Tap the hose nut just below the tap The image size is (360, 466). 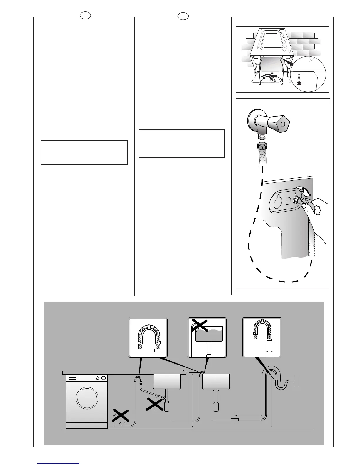point(261,146)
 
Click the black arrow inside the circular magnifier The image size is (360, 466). point(299,83)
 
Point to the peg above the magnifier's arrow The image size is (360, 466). point(299,78)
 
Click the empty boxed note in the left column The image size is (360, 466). point(84,153)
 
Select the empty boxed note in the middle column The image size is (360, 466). point(182,144)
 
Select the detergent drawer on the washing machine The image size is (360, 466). point(73,378)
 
